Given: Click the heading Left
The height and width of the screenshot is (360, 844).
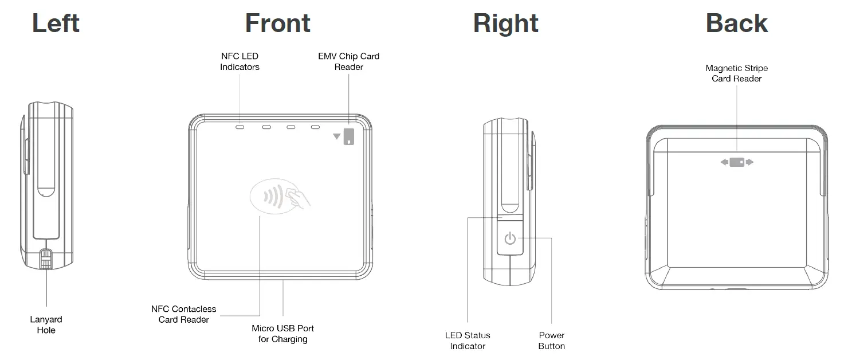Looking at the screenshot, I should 56,24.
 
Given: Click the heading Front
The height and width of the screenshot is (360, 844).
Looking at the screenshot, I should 277,24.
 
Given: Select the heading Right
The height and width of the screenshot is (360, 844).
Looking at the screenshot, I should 505,24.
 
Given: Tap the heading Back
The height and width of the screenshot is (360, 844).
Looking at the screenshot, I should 736,24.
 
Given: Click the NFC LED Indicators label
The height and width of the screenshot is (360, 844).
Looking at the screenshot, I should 240,61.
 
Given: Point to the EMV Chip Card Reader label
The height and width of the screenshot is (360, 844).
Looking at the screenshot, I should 348,61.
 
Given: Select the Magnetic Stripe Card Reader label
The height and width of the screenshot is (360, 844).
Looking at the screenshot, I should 736,73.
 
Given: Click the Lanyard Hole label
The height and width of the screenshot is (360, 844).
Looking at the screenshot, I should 46,324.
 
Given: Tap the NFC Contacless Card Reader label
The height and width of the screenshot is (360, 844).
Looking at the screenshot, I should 183,314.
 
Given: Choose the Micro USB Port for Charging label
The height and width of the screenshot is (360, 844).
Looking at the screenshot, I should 282,334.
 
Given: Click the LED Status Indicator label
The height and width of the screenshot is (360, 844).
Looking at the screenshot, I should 468,341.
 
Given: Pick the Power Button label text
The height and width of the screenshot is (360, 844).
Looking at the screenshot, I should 551,341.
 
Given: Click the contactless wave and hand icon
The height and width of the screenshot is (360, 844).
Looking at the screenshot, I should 280,197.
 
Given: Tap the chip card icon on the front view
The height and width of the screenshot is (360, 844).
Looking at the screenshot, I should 348,136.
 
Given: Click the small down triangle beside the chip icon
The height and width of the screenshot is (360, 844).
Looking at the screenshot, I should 336,136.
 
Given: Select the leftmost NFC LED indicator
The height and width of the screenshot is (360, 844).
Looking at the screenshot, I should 240,126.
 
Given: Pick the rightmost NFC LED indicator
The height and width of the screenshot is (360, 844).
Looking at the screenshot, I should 315,126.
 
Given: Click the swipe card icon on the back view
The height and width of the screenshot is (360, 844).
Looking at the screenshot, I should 737,162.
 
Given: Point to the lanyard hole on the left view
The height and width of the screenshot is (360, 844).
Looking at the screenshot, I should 46,259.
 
